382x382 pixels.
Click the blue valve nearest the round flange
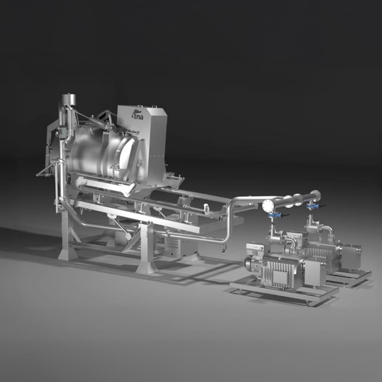274,216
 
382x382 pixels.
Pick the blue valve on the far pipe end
313,207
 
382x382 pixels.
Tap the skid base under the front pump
282,292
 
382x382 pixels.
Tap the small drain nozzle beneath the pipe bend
223,248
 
